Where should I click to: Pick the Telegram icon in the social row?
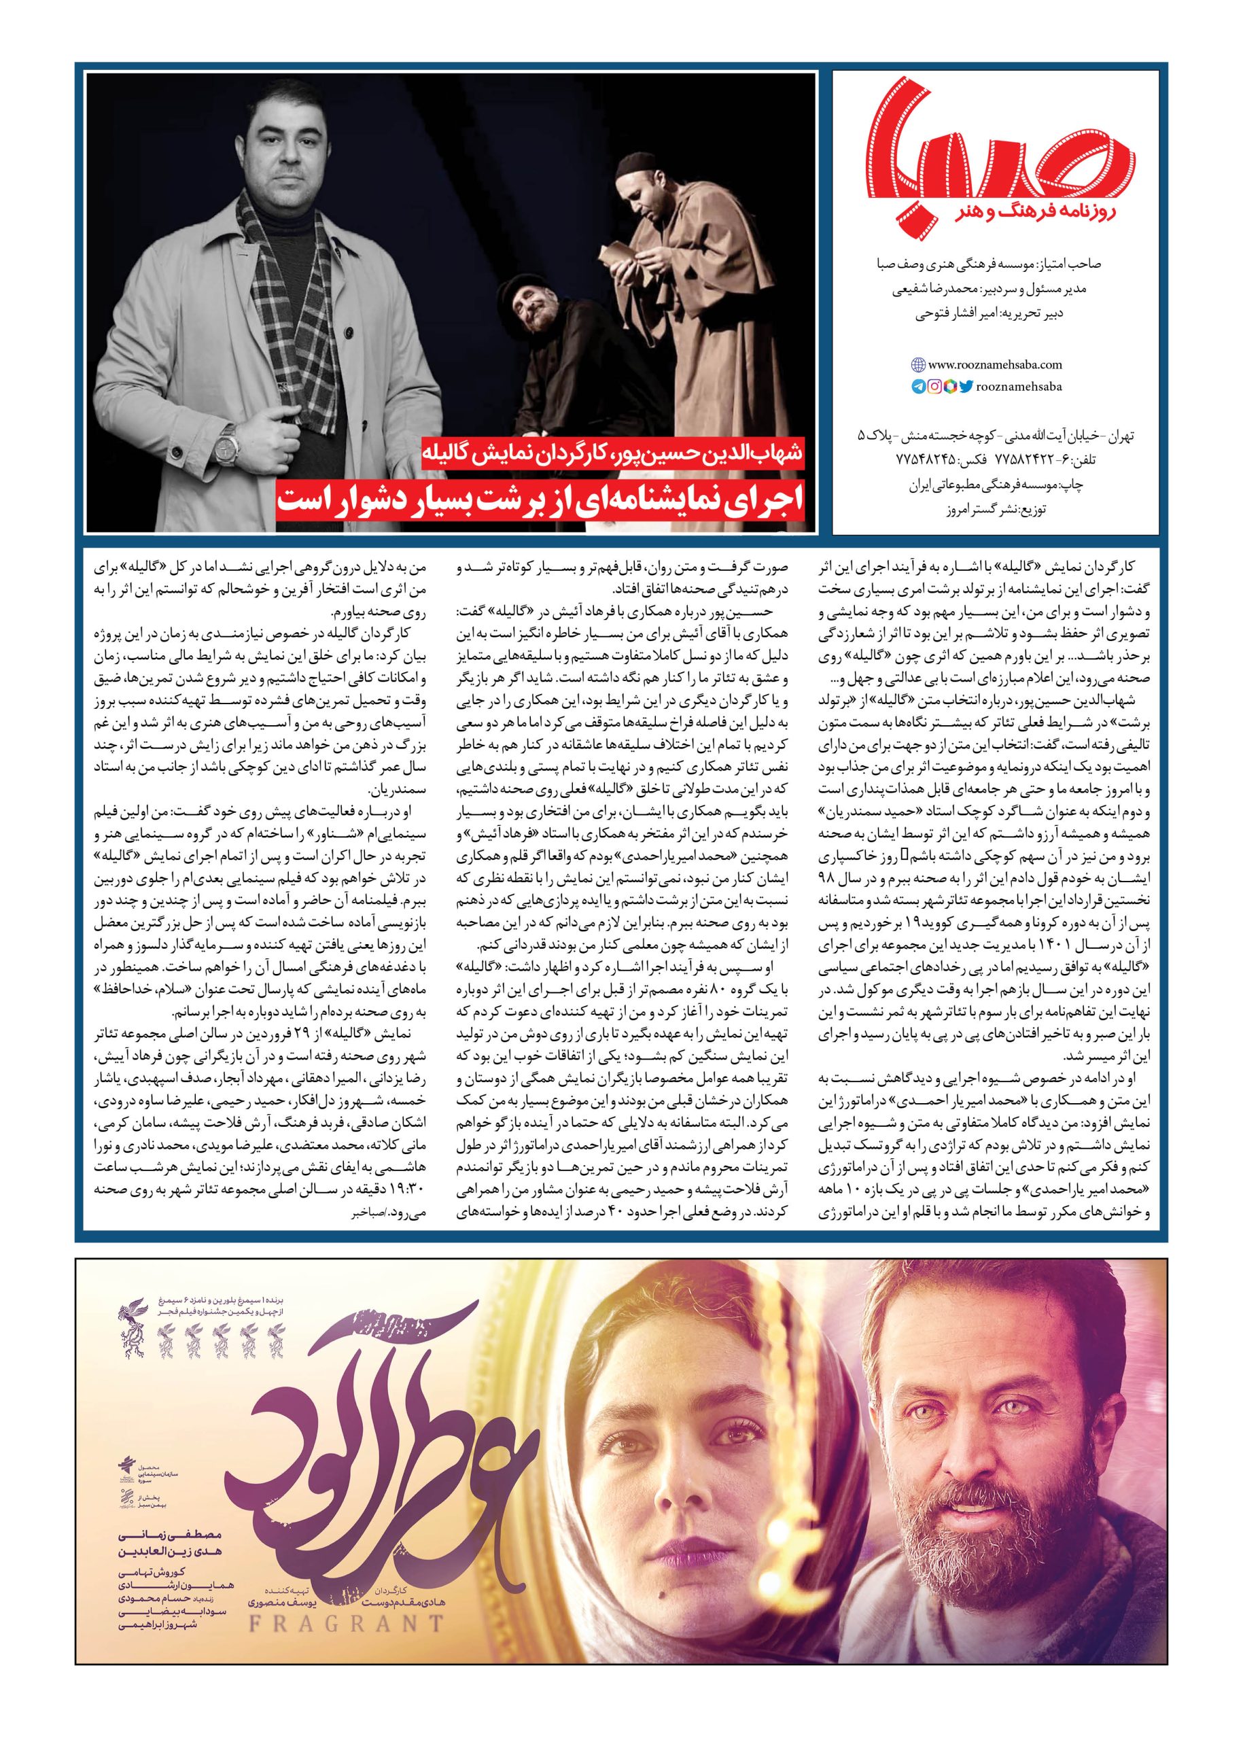920,387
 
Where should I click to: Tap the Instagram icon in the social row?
935,387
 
